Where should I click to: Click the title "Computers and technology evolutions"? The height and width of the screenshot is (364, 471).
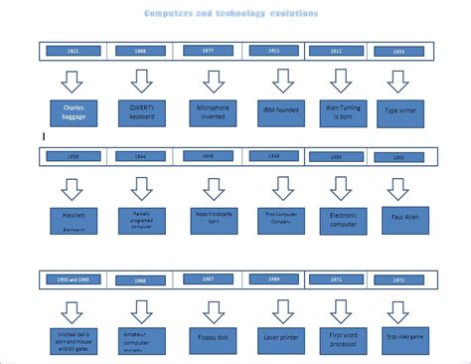click(231, 14)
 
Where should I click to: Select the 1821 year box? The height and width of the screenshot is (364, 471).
click(74, 51)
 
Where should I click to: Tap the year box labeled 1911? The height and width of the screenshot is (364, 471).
click(274, 51)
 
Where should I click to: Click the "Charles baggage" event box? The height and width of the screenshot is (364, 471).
click(73, 112)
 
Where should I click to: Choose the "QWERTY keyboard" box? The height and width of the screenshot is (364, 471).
click(142, 112)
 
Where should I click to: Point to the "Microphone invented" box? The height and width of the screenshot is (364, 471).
click(212, 112)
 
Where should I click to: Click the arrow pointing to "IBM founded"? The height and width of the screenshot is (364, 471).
click(283, 80)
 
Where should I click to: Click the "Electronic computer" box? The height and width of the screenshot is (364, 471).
click(343, 219)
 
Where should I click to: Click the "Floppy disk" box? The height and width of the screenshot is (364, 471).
click(212, 339)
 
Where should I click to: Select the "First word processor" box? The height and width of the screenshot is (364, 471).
click(343, 339)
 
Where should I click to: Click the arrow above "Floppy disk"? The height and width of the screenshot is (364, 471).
click(213, 309)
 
